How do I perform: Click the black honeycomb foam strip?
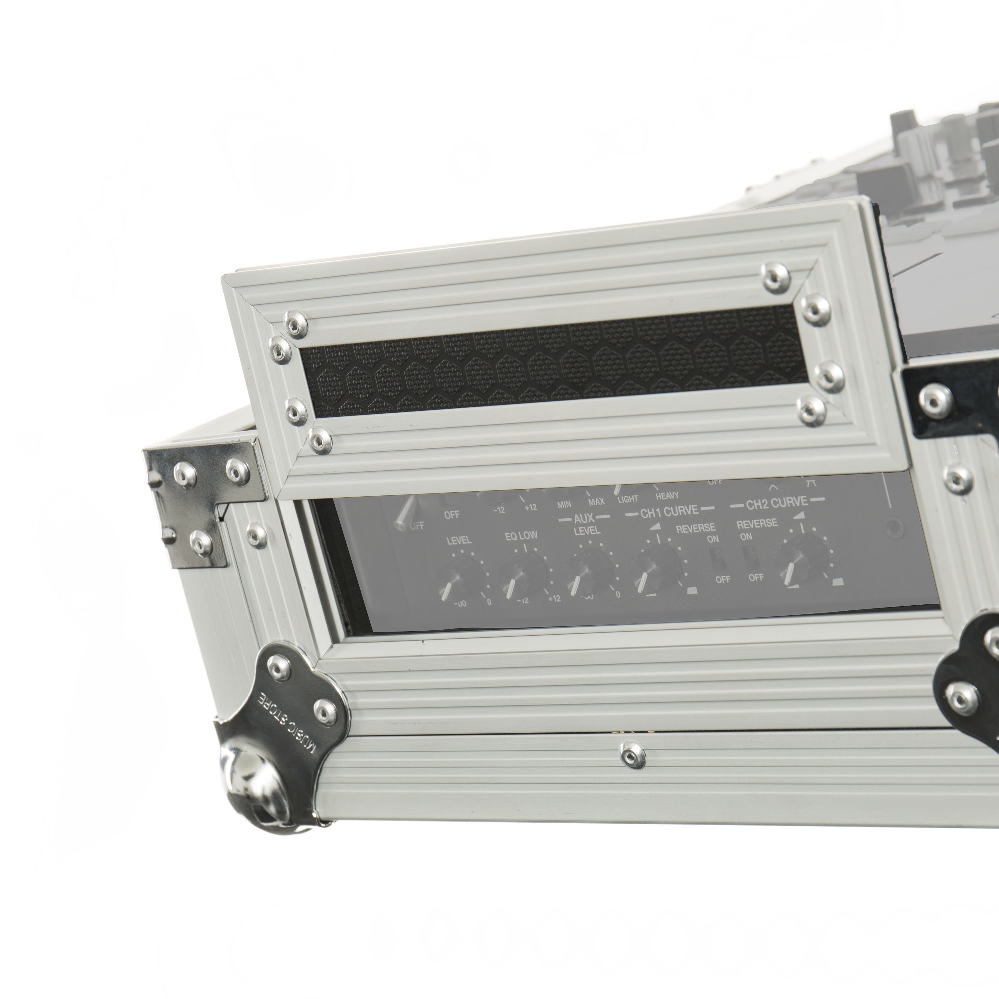548,365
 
